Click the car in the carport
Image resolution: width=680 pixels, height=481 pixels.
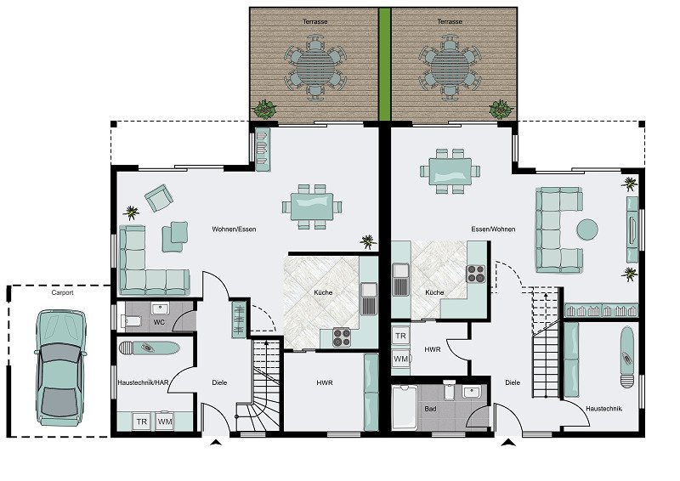tap(59, 367)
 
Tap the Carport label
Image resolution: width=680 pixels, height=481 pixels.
tap(62, 292)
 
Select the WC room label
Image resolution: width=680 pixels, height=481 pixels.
tap(159, 322)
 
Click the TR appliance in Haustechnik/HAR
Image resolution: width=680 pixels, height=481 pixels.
tap(141, 422)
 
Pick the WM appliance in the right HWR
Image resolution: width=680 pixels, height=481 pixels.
tap(400, 359)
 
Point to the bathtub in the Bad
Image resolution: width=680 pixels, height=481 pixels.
tap(405, 408)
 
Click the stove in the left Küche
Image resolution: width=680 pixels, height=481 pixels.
tap(342, 337)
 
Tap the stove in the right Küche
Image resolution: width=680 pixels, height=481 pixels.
tap(476, 274)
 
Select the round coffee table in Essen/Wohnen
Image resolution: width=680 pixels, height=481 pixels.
tap(587, 229)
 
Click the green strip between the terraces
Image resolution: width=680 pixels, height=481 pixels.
tap(385, 65)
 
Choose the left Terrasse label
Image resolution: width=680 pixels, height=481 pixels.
tap(315, 21)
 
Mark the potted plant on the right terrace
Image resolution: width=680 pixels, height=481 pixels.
tap(501, 110)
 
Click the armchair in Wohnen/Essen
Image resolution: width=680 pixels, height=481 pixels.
tap(159, 197)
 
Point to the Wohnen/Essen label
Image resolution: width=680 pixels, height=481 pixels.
tap(234, 229)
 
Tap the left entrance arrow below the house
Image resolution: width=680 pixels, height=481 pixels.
tap(216, 443)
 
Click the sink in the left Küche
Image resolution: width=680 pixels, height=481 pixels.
tap(369, 298)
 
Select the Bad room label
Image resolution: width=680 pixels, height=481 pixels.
tap(431, 409)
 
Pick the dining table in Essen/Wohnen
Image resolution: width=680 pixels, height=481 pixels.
tap(450, 172)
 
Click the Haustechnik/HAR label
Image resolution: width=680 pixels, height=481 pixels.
tap(143, 382)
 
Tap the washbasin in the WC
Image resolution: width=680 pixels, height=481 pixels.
tap(160, 308)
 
